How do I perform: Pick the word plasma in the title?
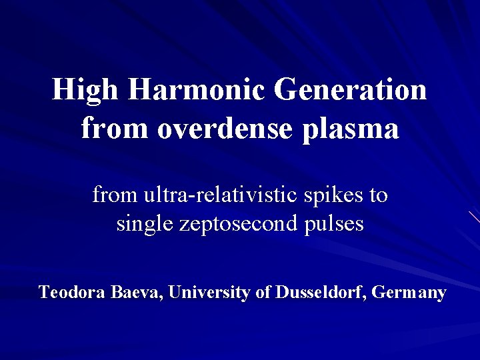[x=351, y=128]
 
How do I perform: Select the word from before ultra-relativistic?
[x=114, y=195]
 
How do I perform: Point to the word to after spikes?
[x=379, y=195]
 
